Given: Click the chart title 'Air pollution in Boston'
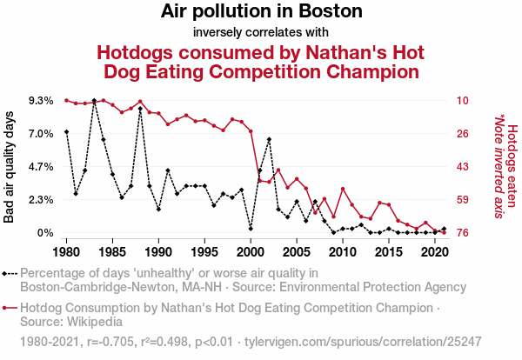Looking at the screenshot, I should click(x=261, y=12).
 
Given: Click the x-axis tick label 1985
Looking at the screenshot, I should click(x=112, y=252).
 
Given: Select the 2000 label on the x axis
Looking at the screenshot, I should click(x=251, y=252).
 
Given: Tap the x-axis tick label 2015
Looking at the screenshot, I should click(x=389, y=252).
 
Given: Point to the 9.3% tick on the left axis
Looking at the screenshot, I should click(x=40, y=101).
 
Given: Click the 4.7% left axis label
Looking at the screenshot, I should click(x=40, y=167).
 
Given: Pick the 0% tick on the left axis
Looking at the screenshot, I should click(x=45, y=233).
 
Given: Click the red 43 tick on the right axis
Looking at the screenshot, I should click(x=463, y=167).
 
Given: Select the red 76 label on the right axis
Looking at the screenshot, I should click(x=463, y=233).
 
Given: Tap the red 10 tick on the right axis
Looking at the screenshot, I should click(x=463, y=101).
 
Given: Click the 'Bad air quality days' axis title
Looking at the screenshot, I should click(x=10, y=167).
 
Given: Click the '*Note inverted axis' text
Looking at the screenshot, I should click(x=499, y=167).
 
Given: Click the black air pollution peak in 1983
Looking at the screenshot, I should click(x=94, y=101).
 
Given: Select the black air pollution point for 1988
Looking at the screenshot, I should click(x=140, y=109).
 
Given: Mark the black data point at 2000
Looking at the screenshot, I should click(x=251, y=229).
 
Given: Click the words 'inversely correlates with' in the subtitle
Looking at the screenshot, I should click(x=261, y=32).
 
